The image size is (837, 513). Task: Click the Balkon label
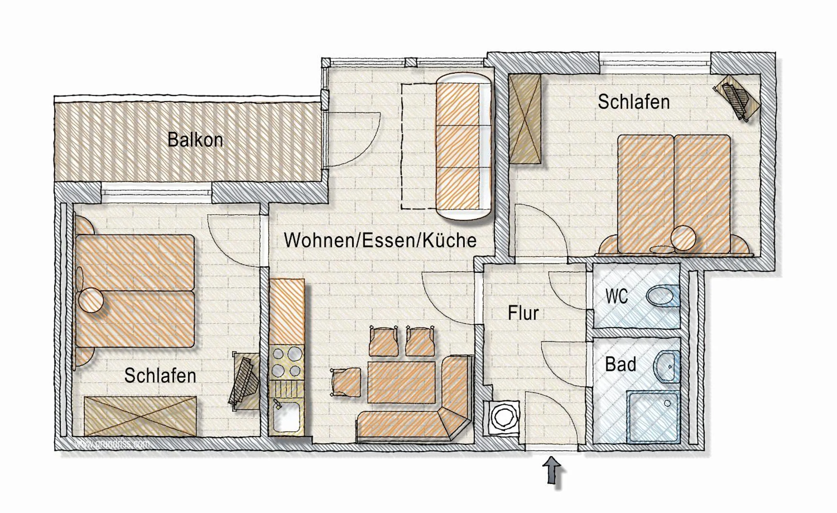point(195,140)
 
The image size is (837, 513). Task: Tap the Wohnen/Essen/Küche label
point(380,241)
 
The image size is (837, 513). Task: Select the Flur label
point(523,313)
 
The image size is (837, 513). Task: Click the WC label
point(617,297)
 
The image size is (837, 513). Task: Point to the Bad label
point(621,364)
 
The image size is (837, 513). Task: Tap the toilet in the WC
point(661,297)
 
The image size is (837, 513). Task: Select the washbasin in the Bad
point(667,367)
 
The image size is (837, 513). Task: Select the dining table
point(401,382)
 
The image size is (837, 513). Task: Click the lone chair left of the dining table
point(346,382)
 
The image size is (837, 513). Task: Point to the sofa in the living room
point(464,147)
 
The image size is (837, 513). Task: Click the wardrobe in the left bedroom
point(140,416)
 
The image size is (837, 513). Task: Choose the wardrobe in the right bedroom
point(525,119)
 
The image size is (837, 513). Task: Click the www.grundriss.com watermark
point(112,444)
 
